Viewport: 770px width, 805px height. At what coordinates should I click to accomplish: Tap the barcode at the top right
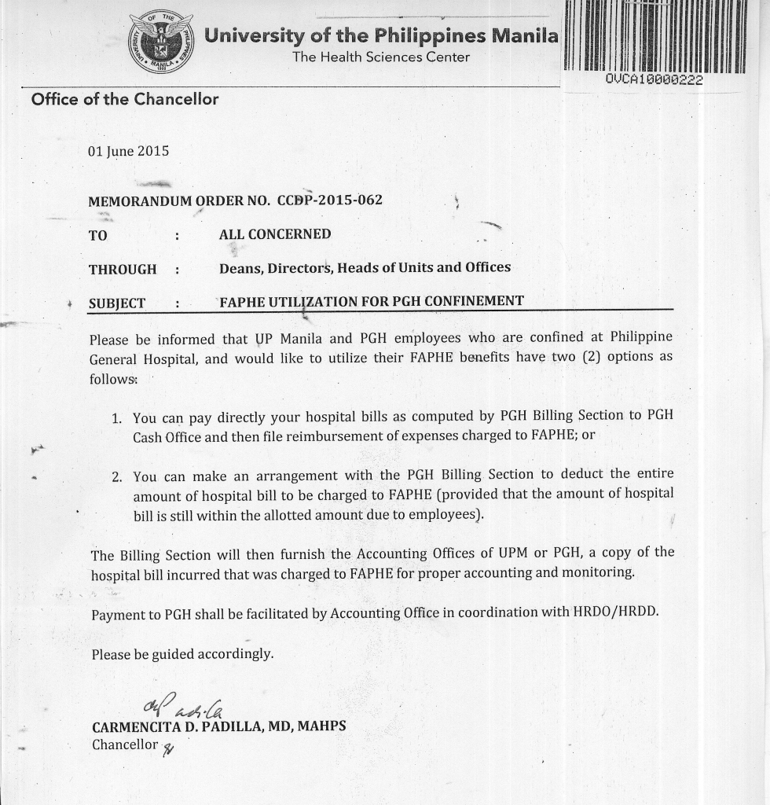(x=655, y=36)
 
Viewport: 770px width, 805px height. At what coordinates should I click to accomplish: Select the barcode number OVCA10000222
(x=654, y=80)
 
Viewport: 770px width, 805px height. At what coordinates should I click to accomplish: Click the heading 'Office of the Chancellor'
(x=124, y=99)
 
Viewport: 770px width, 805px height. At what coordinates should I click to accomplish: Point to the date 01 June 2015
(x=128, y=151)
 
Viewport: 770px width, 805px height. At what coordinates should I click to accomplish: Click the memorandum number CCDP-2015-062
(x=330, y=200)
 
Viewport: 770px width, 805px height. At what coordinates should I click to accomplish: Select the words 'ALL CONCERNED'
(x=275, y=234)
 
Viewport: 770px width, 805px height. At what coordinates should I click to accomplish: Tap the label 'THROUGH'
(x=123, y=270)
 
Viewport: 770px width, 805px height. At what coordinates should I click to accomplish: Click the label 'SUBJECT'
(x=117, y=303)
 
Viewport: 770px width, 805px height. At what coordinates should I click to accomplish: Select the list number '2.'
(x=119, y=477)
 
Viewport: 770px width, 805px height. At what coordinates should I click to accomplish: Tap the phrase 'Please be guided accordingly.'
(x=182, y=654)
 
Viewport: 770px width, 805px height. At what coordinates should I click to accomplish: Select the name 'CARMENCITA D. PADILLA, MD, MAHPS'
(x=218, y=727)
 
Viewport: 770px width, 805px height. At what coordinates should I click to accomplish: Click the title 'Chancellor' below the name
(x=125, y=744)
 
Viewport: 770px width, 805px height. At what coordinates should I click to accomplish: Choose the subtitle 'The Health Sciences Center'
(x=381, y=57)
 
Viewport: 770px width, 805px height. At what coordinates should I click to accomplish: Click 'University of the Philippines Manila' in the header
(x=381, y=36)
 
